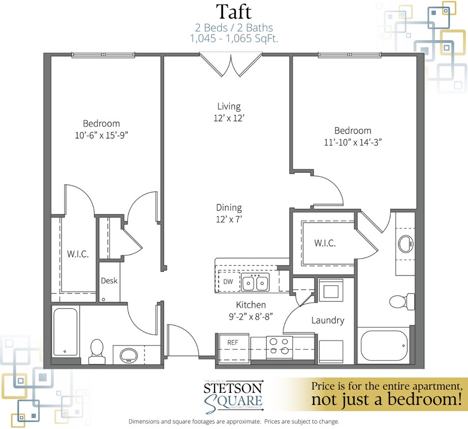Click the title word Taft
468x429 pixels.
234,12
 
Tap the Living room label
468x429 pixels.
229,106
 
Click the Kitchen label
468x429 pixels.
251,305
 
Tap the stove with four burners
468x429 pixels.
279,346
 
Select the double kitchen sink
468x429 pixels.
255,283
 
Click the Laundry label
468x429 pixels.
328,320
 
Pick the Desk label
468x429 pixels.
109,281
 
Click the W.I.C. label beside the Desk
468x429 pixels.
78,254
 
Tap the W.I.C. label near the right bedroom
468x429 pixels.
325,243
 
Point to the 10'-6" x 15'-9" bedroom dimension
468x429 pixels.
102,135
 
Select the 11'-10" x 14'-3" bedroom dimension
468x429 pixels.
353,142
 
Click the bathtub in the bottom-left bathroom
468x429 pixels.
65,331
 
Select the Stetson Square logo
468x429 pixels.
233,394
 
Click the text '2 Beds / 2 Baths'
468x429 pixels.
234,27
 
